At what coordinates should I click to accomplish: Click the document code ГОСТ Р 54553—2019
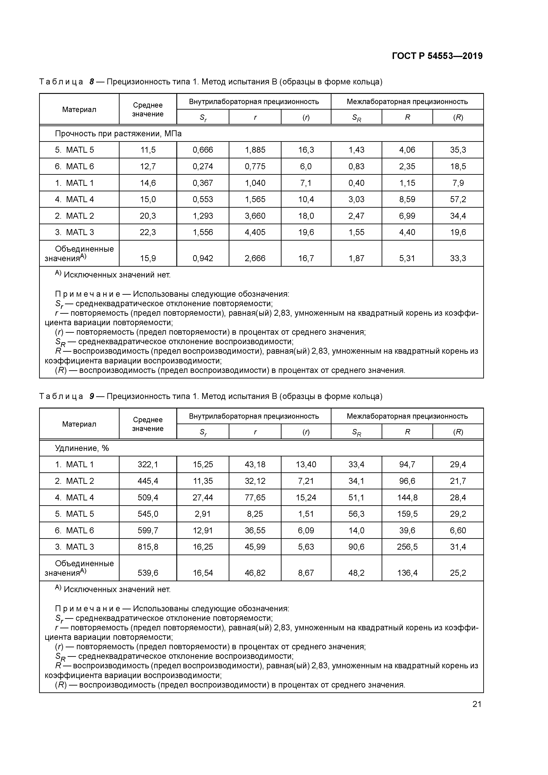point(437,56)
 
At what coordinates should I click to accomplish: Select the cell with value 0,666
point(203,150)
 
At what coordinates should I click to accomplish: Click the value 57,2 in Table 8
point(458,199)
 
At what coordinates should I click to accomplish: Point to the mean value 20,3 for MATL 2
point(148,216)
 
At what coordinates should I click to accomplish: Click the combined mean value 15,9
point(148,258)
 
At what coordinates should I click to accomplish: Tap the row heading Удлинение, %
point(82,448)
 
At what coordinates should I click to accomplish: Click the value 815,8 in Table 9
point(148,547)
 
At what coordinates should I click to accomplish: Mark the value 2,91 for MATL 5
point(203,514)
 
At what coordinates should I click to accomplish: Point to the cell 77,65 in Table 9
point(255,498)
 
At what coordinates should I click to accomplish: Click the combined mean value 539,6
point(148,573)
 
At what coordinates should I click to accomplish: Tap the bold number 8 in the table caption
point(91,82)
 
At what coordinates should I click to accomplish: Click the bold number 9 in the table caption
point(91,396)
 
